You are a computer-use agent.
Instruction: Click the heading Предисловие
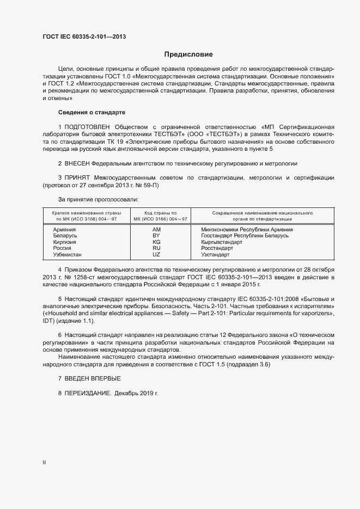tap(189, 54)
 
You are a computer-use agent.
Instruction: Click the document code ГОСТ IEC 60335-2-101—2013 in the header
tap(85, 38)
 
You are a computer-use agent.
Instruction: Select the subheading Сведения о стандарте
tap(91, 112)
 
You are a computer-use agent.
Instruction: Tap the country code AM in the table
tap(157, 230)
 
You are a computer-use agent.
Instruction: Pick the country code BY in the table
tap(157, 236)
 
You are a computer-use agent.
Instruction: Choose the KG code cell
tap(157, 242)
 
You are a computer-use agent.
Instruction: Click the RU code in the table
tap(157, 248)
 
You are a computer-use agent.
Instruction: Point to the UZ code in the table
tap(157, 254)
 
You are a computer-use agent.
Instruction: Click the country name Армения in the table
tap(64, 230)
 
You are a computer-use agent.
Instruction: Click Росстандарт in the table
tap(217, 248)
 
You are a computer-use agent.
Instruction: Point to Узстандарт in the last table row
tap(216, 254)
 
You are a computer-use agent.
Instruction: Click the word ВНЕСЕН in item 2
tap(77, 163)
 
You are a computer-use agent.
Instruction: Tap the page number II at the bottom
tap(45, 463)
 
